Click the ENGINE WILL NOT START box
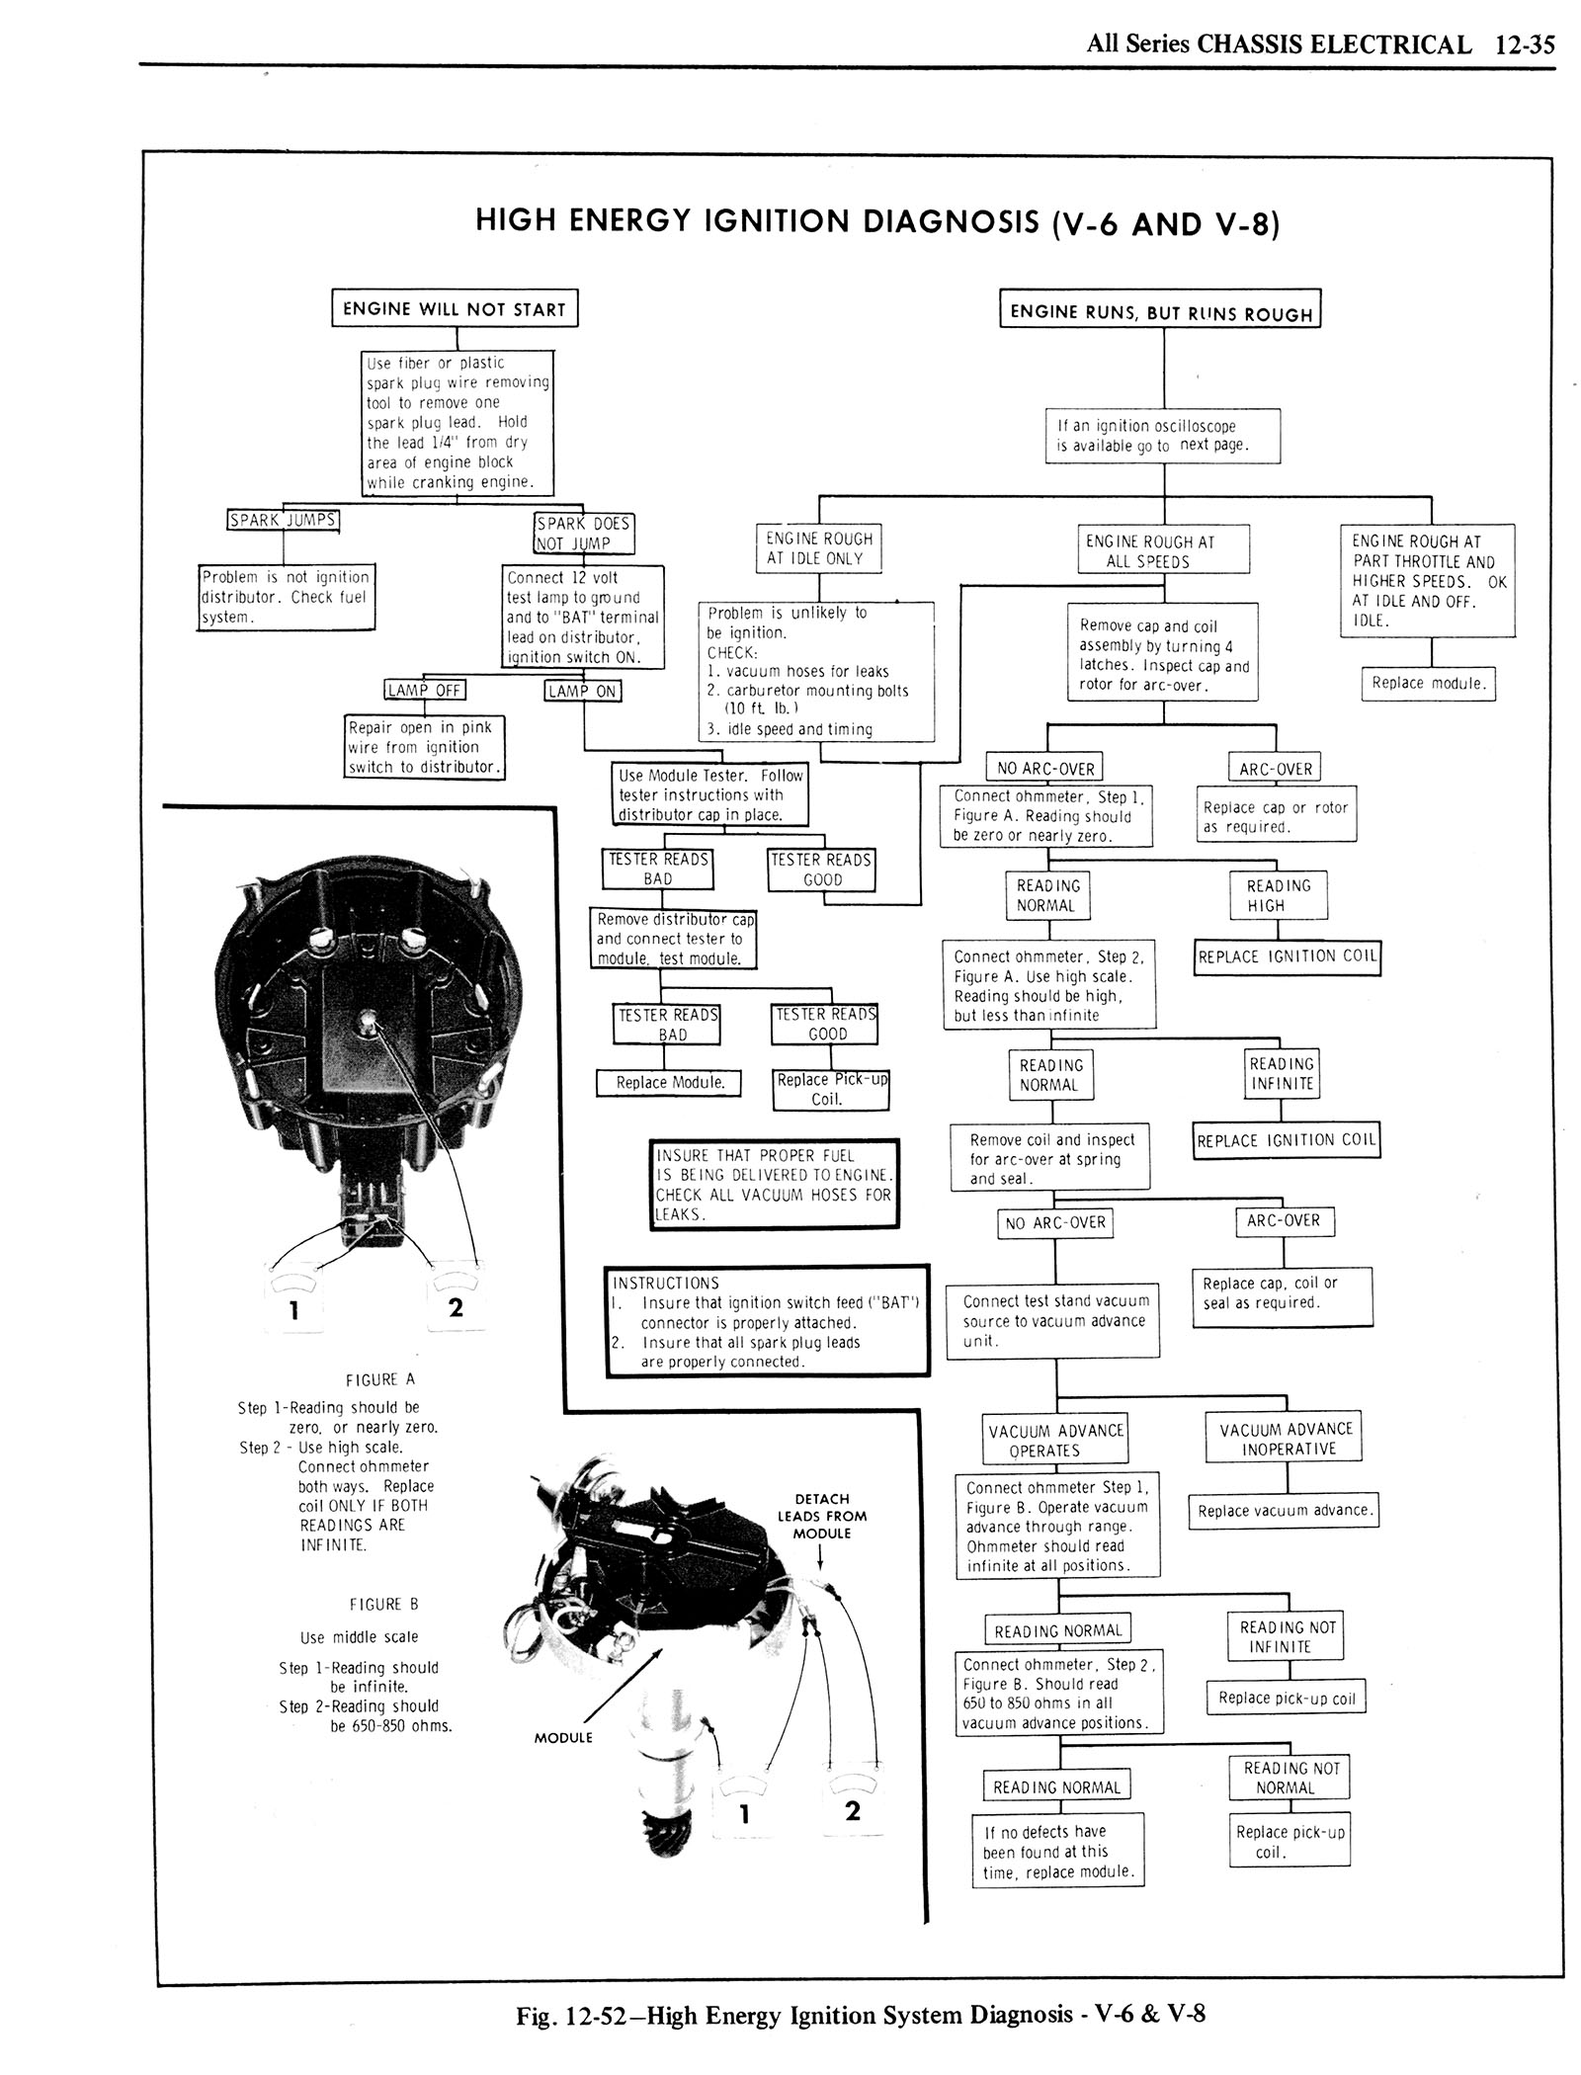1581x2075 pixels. click(454, 308)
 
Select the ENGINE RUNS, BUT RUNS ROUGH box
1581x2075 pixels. click(1160, 312)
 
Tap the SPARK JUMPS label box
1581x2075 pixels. click(284, 520)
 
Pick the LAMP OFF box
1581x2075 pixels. click(424, 690)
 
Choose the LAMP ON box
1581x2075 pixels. click(583, 691)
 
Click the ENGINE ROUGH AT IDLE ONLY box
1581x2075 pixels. click(819, 548)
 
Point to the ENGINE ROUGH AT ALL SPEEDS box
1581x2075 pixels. click(1163, 551)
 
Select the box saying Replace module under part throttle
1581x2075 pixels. click(1429, 683)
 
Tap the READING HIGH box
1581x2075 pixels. click(1278, 895)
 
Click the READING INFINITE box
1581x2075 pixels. click(1282, 1073)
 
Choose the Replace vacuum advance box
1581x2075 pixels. click(1284, 1510)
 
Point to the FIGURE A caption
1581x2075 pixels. click(380, 1379)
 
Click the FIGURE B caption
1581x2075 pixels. click(374, 1604)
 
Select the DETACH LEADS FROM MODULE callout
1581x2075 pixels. click(821, 1516)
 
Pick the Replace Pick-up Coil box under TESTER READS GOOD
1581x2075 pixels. click(831, 1089)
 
